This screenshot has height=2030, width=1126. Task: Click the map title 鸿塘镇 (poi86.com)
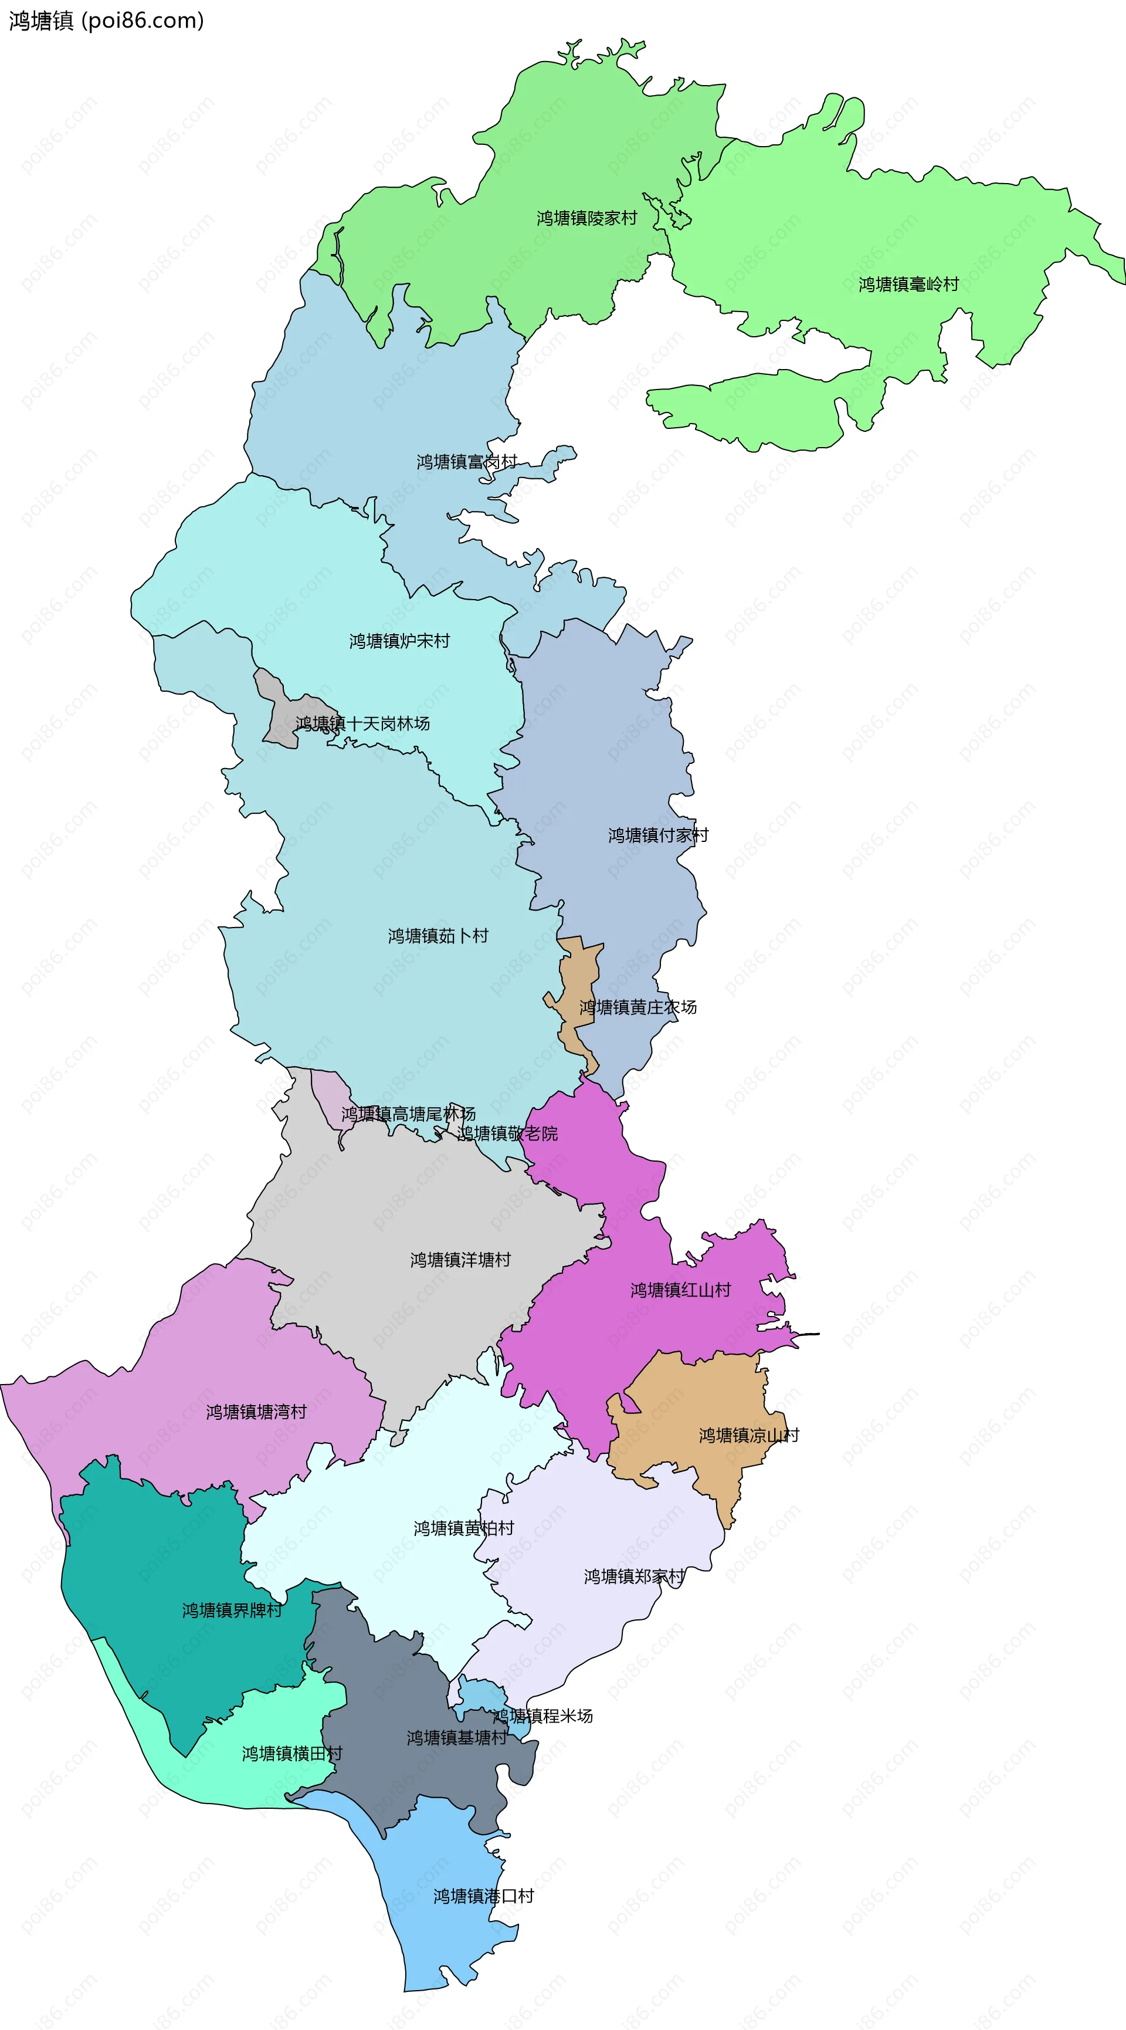[x=106, y=21]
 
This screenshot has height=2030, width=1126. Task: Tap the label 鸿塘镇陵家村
[x=586, y=218]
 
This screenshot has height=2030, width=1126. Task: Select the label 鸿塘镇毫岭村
[x=908, y=285]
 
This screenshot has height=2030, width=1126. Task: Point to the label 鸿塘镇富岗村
[x=466, y=462]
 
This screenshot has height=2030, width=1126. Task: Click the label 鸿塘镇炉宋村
[x=399, y=641]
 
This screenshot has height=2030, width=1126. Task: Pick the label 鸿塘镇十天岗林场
[x=362, y=723]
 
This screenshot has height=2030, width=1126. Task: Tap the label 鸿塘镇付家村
[x=658, y=835]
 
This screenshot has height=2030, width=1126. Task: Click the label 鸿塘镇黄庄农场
[x=637, y=1007]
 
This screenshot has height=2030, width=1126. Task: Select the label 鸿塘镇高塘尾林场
[x=408, y=1114]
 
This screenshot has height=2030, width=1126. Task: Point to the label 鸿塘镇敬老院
[x=507, y=1133]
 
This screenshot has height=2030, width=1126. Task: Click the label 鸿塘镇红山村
[x=680, y=1290]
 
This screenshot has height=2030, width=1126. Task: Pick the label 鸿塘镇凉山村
[x=748, y=1435]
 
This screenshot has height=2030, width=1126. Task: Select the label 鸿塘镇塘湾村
[x=256, y=1412]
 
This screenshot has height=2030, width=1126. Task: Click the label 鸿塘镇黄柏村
[x=463, y=1528]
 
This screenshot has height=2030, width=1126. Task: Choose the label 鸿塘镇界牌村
[x=232, y=1610]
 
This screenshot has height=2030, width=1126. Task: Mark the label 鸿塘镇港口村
[x=483, y=1896]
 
